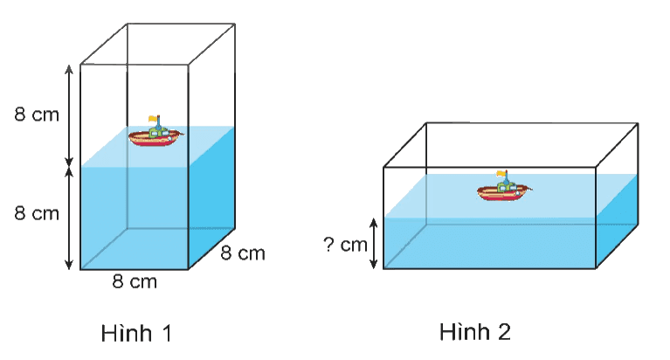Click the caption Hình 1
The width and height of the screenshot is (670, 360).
tap(136, 333)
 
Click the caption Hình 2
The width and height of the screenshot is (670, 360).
tap(475, 331)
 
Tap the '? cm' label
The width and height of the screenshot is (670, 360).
tap(345, 245)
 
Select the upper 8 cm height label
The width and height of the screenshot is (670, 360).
tap(37, 114)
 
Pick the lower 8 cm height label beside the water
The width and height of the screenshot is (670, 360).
tap(37, 213)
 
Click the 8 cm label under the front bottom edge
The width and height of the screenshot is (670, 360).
tap(135, 281)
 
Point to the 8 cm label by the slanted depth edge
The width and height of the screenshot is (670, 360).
tap(243, 253)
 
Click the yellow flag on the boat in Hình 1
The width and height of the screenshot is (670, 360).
tap(153, 119)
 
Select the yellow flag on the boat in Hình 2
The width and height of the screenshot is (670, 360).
tap(501, 174)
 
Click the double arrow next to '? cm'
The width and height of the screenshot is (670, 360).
tap(374, 243)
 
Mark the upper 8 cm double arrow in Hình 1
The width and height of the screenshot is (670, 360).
tap(69, 115)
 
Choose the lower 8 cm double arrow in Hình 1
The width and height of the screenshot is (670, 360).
tap(69, 218)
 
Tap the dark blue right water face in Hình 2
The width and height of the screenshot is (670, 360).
tap(617, 220)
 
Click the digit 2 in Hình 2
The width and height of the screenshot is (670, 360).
tap(504, 332)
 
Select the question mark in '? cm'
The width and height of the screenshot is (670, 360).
tap(328, 244)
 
